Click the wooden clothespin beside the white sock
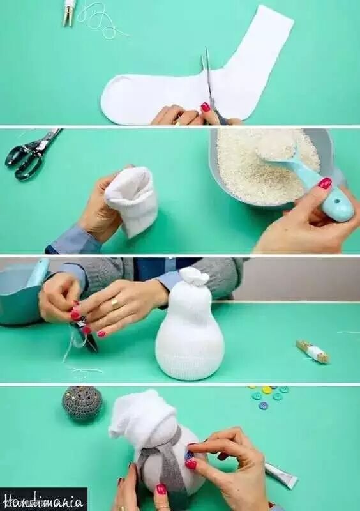[x=68, y=13]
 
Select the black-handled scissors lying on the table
[x=31, y=154]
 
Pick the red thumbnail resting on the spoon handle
[x=324, y=183]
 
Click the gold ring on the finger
[x=116, y=303]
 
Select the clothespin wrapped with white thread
[x=313, y=352]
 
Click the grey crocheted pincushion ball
[x=82, y=403]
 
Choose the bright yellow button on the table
[x=267, y=390]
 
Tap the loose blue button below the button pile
[x=263, y=406]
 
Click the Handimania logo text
[x=43, y=500]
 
